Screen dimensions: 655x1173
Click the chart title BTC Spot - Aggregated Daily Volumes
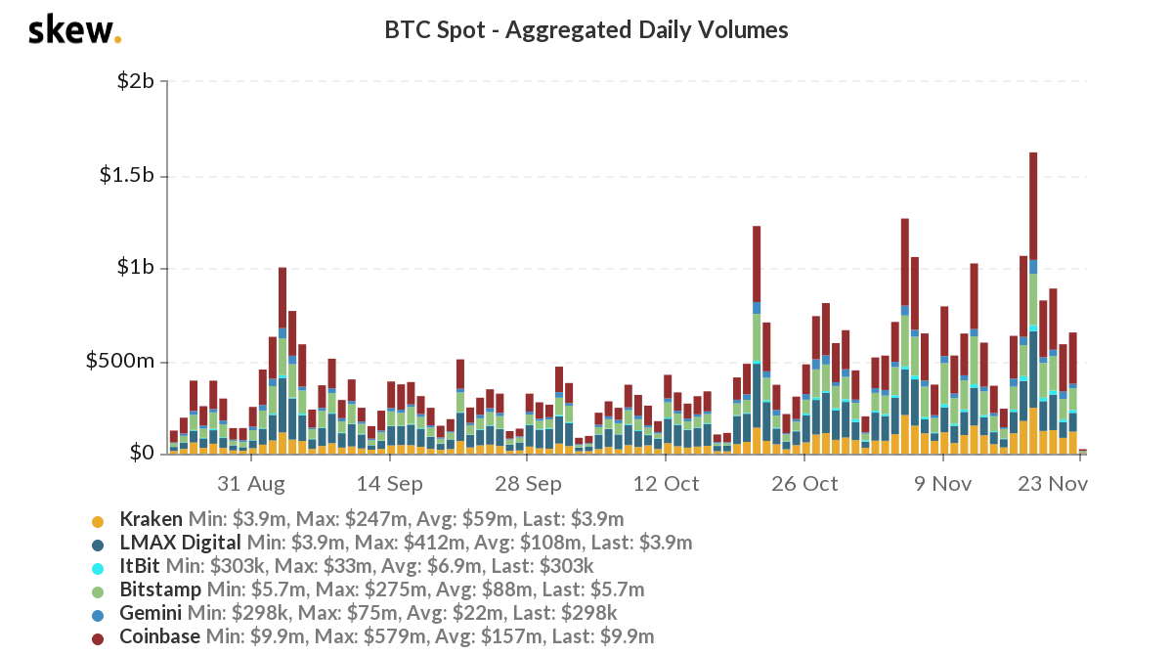click(x=586, y=30)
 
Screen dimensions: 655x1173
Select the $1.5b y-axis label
click(x=126, y=176)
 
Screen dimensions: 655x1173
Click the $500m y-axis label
click(x=120, y=362)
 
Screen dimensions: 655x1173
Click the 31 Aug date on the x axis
click(x=251, y=483)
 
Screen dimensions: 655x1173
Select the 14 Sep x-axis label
click(x=390, y=483)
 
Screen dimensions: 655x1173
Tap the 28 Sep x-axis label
click(x=528, y=483)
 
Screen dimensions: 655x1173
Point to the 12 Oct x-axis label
click(x=667, y=483)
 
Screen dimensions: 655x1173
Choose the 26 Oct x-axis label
click(x=805, y=483)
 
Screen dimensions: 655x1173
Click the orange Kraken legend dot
click(x=98, y=520)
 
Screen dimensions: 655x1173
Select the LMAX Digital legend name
click(x=181, y=543)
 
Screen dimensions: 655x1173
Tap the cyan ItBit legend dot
click(x=98, y=567)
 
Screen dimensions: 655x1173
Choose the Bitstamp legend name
click(x=160, y=589)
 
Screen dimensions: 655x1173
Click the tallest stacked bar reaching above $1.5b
click(x=1033, y=293)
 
